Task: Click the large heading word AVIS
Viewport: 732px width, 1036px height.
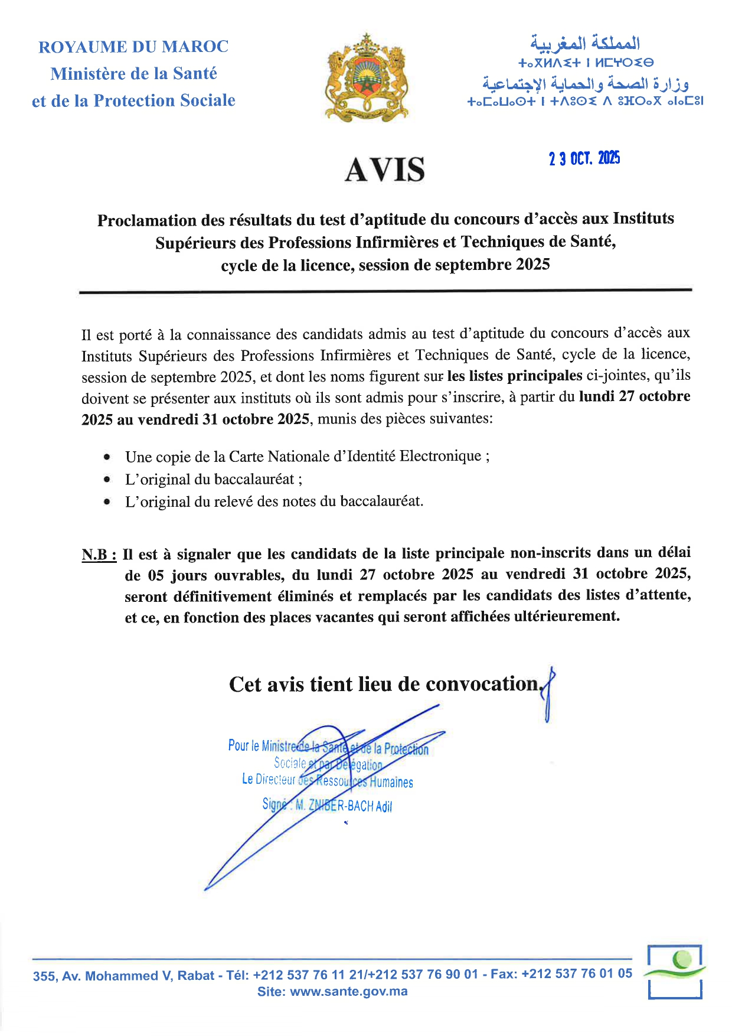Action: tap(384, 170)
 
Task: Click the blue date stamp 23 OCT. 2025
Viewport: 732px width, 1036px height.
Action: tap(584, 158)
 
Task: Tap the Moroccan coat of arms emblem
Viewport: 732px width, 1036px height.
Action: tap(367, 77)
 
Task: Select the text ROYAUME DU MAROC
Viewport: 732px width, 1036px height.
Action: tap(133, 47)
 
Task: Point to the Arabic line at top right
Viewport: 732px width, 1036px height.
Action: tap(584, 43)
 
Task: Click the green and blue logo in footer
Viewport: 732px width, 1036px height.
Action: tap(675, 971)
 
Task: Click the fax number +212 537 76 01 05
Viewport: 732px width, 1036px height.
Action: tap(577, 974)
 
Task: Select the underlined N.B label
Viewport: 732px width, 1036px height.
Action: tap(99, 555)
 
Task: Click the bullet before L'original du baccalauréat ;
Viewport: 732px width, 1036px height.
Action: tap(107, 480)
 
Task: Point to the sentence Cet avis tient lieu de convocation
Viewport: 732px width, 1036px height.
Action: tap(384, 684)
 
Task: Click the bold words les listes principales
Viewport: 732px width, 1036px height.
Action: tap(515, 376)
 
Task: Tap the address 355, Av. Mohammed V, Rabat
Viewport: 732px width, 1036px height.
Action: tap(123, 976)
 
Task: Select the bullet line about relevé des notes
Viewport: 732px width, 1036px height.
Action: tap(274, 501)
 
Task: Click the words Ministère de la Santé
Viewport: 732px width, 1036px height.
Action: tap(133, 74)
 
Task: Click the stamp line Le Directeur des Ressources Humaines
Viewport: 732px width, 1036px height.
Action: tap(328, 781)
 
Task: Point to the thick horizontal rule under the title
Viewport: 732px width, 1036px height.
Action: tap(385, 291)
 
